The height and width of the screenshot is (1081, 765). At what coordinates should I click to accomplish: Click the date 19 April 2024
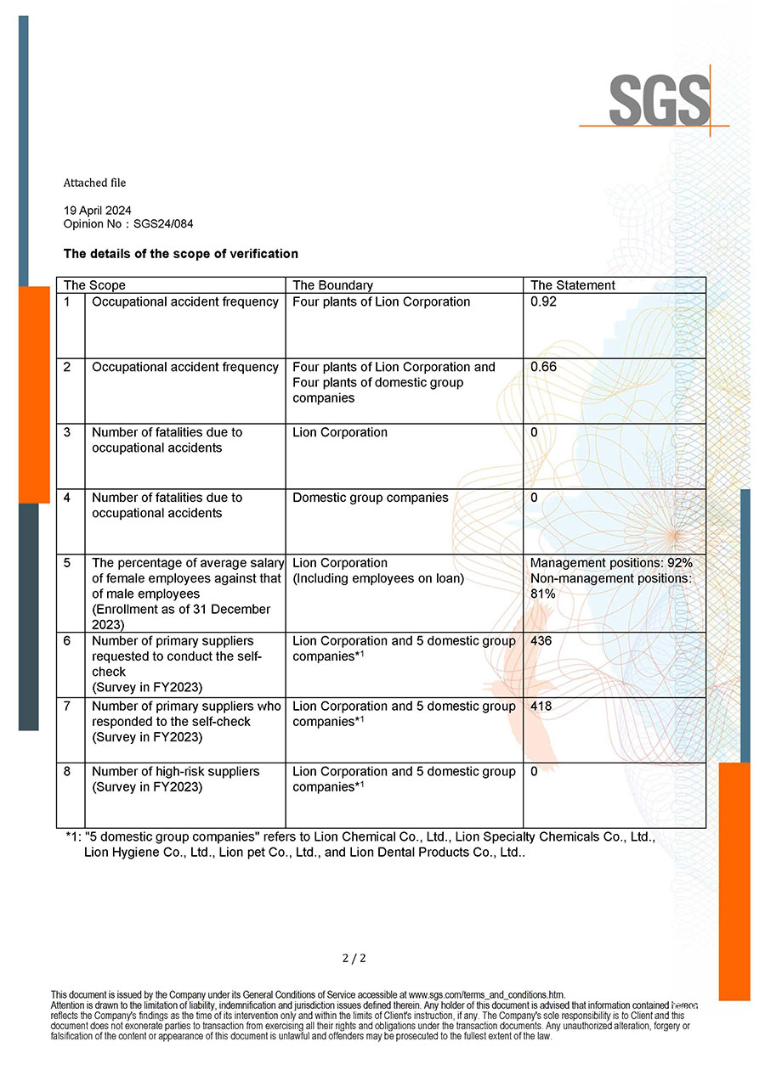coord(98,210)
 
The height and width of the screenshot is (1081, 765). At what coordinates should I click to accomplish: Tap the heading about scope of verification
coord(181,253)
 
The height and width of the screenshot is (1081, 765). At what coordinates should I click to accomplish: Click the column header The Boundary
coord(332,285)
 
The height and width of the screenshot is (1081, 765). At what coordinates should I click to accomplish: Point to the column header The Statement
coord(573,285)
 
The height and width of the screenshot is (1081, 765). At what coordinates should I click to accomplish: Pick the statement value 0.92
coord(543,301)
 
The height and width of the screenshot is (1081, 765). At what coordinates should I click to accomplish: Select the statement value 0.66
coord(543,367)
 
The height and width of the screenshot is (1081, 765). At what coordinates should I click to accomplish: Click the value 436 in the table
coord(541,640)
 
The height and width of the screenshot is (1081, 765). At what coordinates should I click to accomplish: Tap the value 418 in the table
coord(541,706)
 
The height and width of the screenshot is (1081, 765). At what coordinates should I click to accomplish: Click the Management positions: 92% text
coord(611,563)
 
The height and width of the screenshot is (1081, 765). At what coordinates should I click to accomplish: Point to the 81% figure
coord(542,594)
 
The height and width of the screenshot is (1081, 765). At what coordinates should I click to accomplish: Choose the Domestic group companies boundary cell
coord(370,498)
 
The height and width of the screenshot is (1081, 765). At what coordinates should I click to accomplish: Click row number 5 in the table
coord(67,563)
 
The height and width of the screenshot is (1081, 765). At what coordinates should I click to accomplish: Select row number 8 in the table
coord(67,771)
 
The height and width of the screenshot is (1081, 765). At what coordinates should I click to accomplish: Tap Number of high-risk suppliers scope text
coord(176,771)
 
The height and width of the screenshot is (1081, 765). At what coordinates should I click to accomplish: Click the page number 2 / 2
coord(354,958)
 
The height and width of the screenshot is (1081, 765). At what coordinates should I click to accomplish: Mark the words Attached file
coord(94,183)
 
